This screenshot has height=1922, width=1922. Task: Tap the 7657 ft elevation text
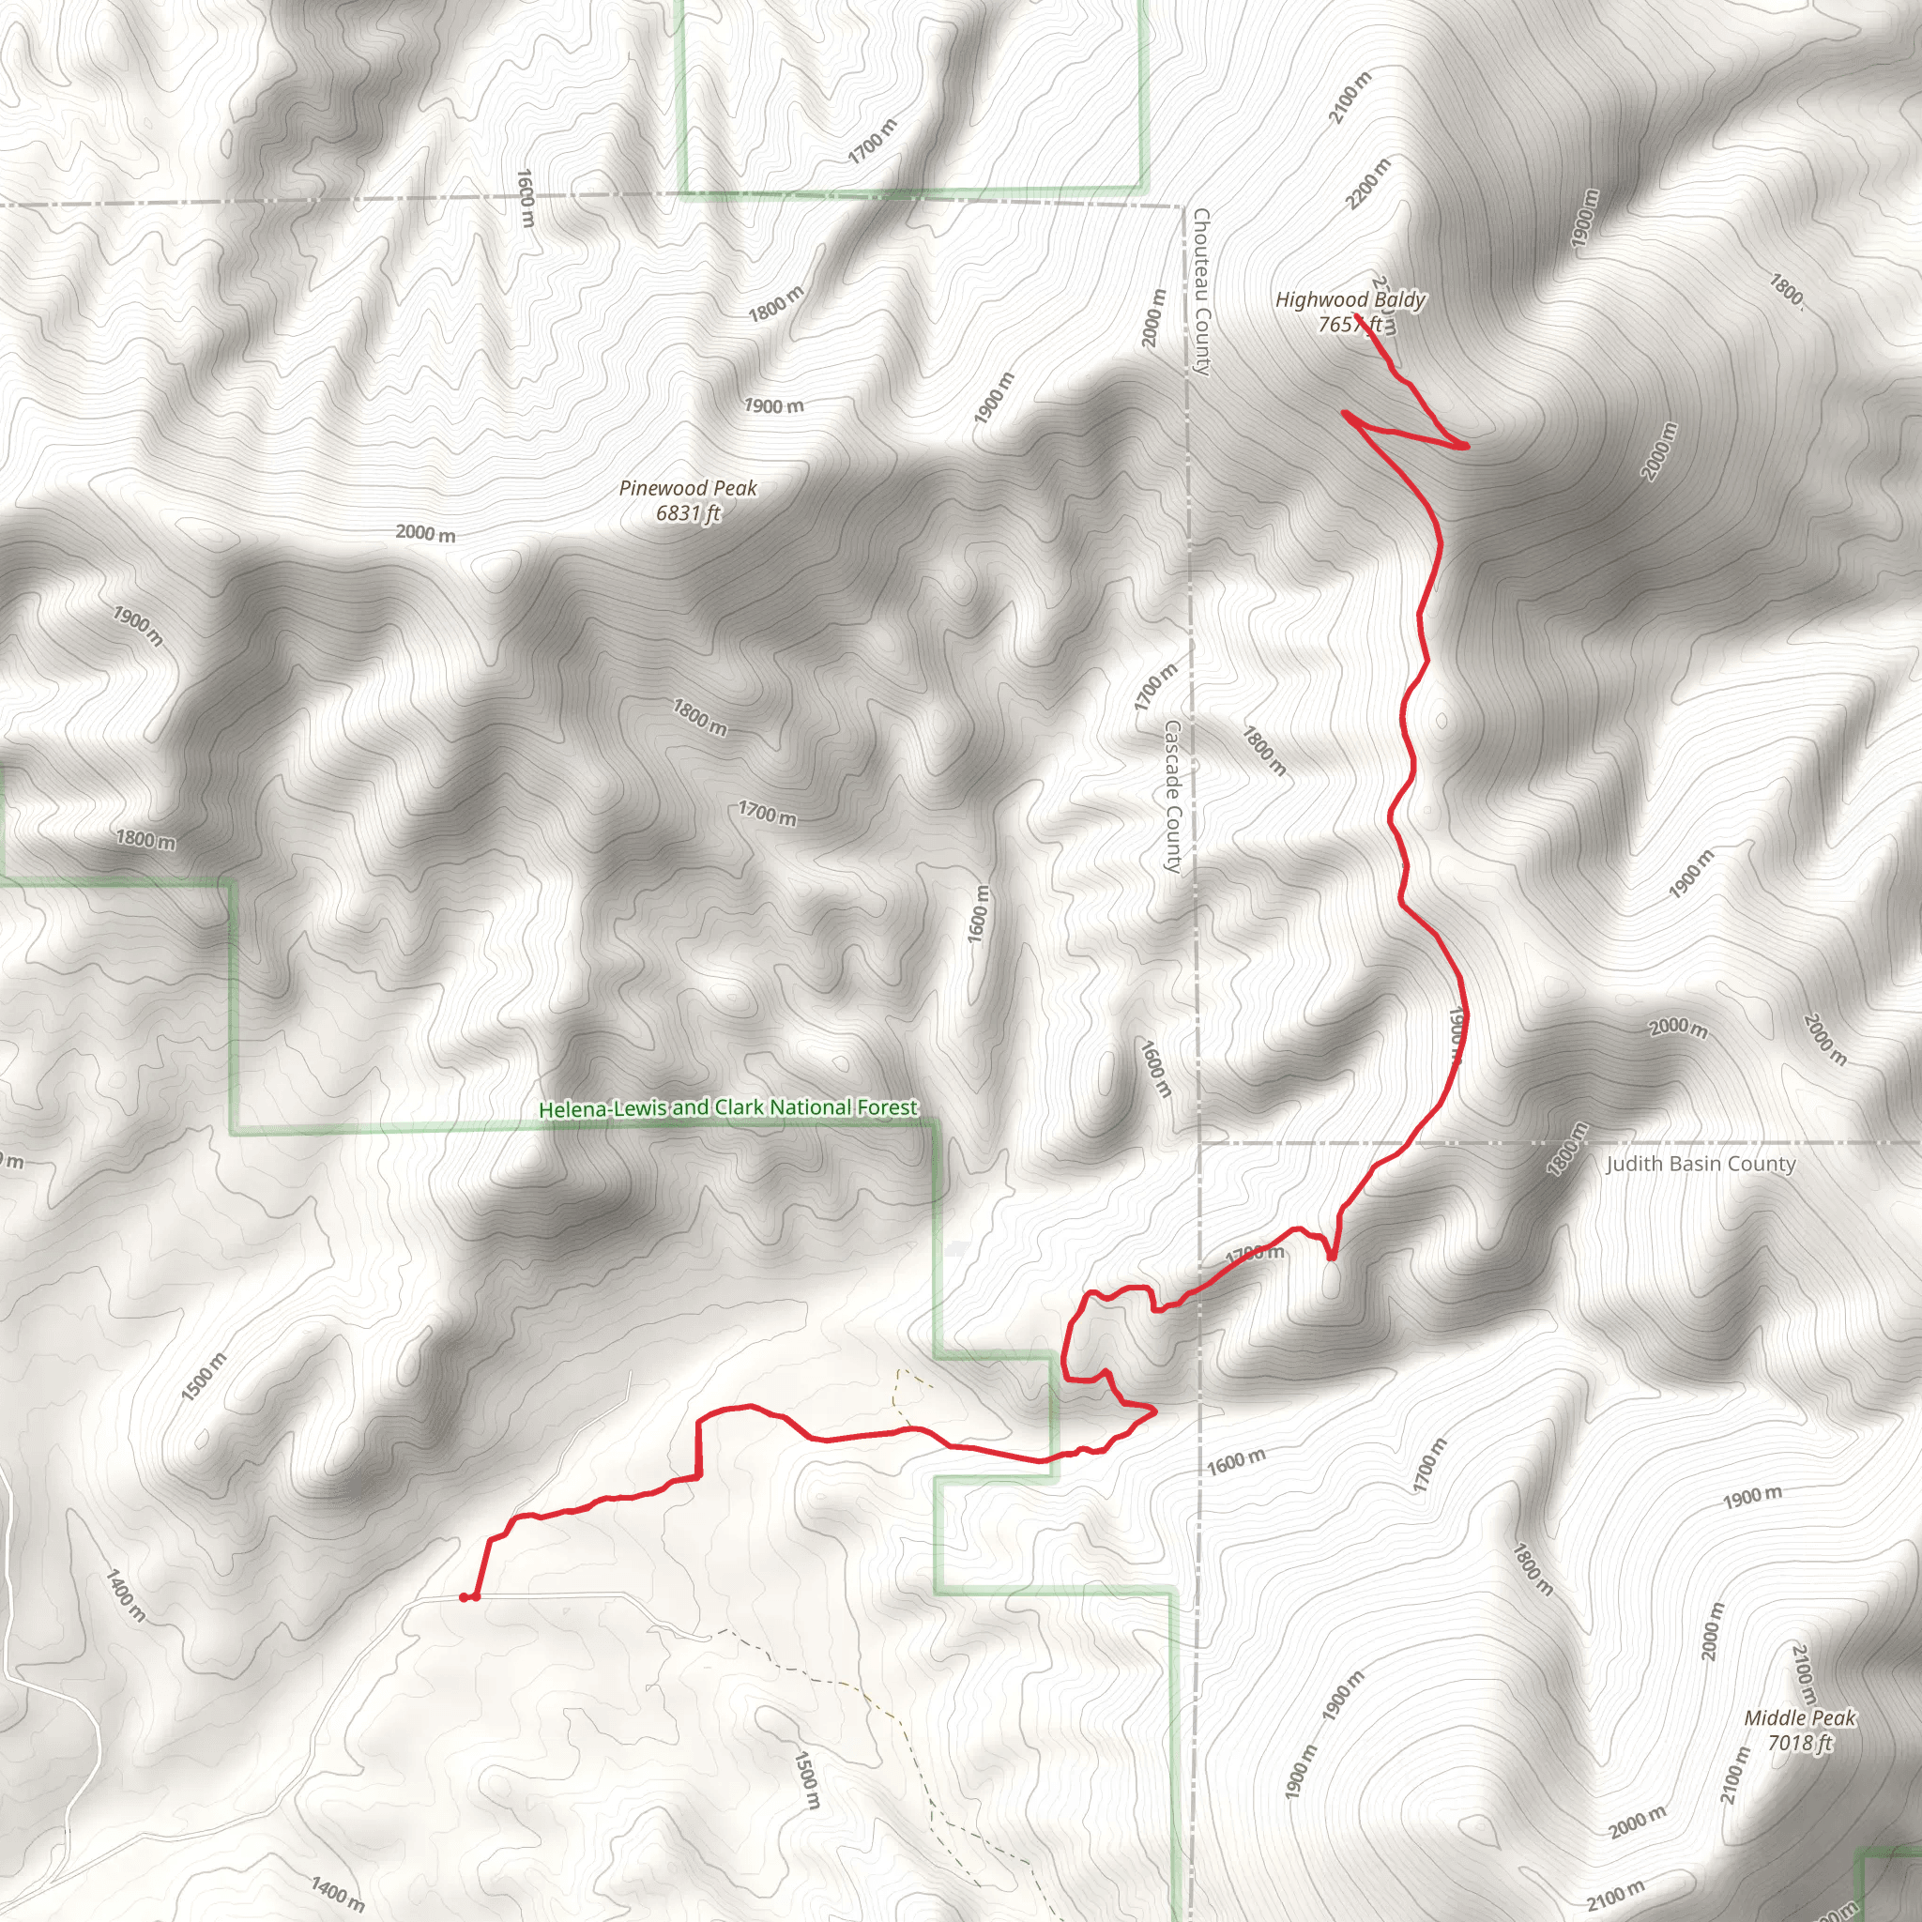[1350, 325]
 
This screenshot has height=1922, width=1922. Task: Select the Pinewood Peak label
[687, 488]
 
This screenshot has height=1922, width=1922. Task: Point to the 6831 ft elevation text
[687, 513]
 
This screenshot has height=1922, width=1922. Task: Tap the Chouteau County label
[1202, 292]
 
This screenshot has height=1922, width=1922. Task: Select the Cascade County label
[1173, 797]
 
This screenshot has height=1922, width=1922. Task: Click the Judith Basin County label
[1701, 1164]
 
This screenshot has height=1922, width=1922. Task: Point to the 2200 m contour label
[1369, 184]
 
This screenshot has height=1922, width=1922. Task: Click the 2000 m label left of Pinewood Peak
[426, 533]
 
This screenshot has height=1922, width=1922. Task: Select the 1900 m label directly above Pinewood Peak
[774, 405]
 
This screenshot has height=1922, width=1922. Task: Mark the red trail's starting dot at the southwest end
[465, 1597]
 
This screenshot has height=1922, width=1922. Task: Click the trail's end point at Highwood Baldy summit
[1357, 316]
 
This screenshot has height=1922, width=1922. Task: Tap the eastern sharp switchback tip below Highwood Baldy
[1465, 447]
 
